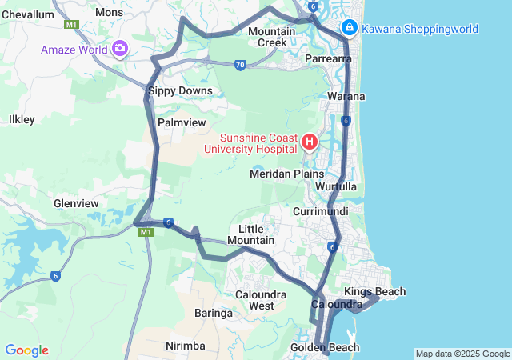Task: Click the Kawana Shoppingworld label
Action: (420, 30)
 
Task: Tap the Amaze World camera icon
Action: (121, 49)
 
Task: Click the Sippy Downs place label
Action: (180, 91)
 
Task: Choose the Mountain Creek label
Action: (267, 36)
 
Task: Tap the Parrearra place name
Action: (329, 59)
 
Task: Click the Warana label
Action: (346, 97)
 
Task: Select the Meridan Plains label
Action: (287, 174)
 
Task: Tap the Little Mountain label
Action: (251, 234)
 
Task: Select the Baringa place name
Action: (214, 314)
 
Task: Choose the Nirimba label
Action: (186, 346)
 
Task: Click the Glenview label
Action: (75, 204)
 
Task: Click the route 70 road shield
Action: (240, 65)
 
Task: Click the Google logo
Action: (26, 350)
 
